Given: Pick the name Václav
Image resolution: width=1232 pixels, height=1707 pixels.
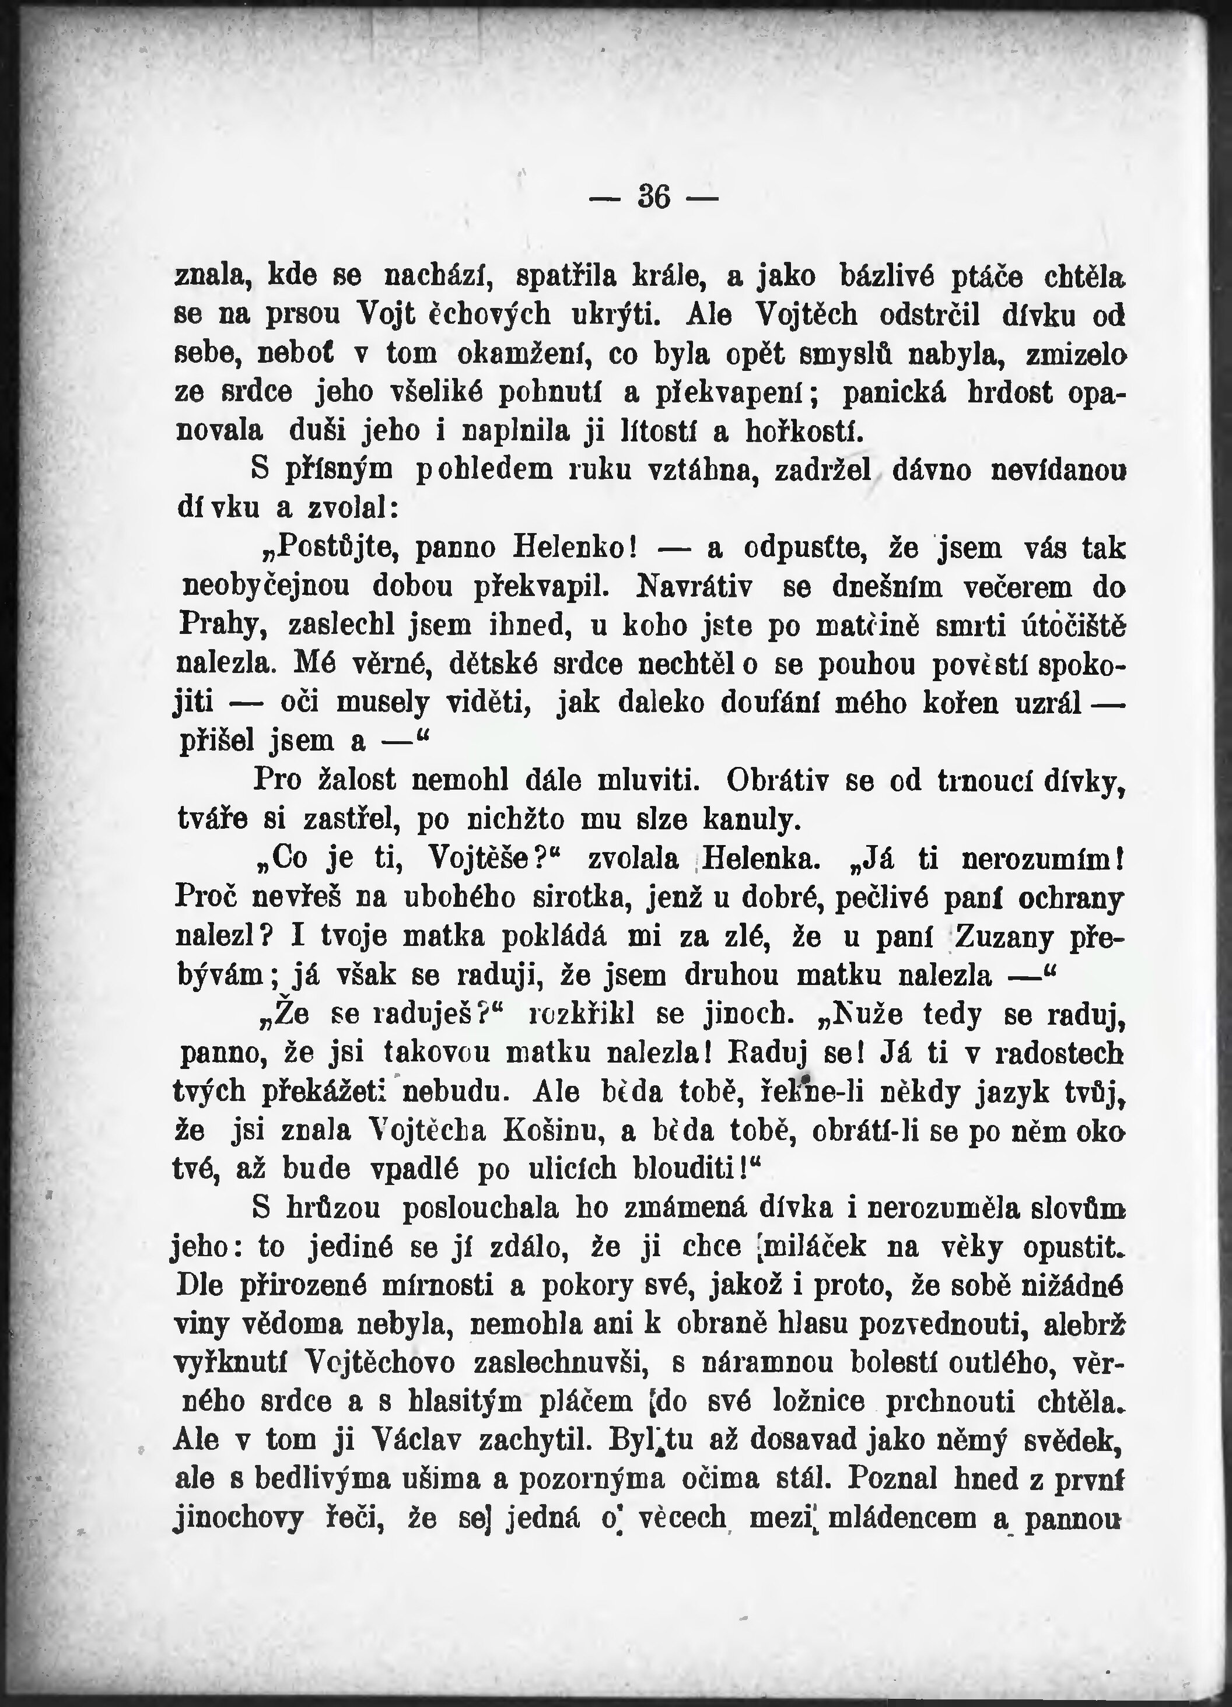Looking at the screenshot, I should click(x=418, y=1440).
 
